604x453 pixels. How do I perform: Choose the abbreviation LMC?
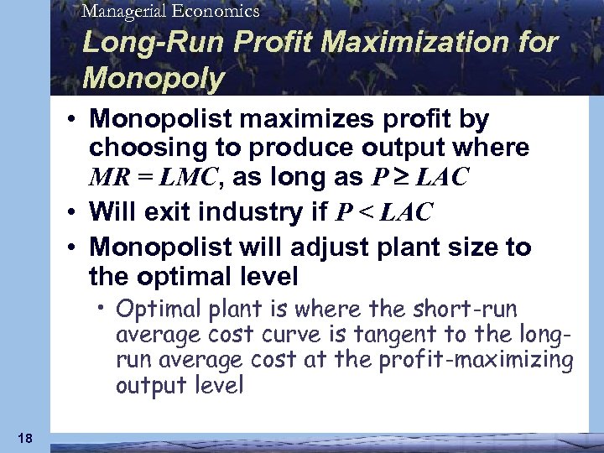coord(192,179)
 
